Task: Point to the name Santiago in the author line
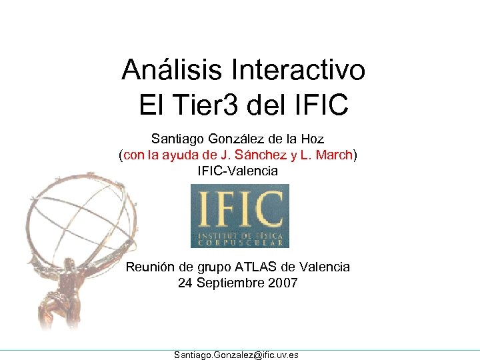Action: coord(176,139)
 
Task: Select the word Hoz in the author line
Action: coord(311,139)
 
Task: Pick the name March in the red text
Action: coord(335,155)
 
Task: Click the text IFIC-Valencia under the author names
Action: coord(238,171)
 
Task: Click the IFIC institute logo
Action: coord(240,215)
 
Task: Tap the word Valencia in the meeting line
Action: coord(325,267)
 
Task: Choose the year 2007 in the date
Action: coord(283,283)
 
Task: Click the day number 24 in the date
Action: coord(185,283)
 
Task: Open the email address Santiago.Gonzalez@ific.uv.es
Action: coord(236,355)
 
